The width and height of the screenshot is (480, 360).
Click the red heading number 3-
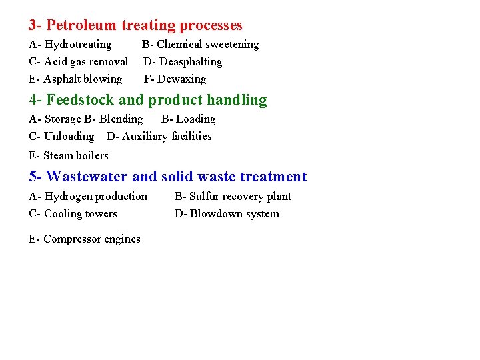point(35,25)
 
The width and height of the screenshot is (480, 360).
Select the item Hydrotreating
point(77,45)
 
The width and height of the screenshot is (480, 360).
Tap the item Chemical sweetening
point(207,45)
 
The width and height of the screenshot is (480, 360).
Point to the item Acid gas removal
point(85,62)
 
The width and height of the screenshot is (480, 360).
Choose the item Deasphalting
point(189,62)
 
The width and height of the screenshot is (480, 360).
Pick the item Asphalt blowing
point(83,79)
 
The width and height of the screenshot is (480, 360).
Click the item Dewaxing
point(181,79)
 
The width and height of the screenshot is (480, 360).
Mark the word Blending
point(121,119)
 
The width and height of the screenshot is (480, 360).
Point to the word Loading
point(195,119)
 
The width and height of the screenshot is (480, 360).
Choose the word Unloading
point(69,137)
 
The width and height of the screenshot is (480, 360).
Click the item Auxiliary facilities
point(167,137)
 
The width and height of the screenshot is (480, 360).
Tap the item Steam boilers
point(75,156)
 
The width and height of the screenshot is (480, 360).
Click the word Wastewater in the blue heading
point(87,177)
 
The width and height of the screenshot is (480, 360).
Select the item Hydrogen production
point(95,197)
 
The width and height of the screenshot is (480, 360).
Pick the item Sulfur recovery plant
point(241,197)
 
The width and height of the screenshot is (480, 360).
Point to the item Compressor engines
point(92,239)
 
